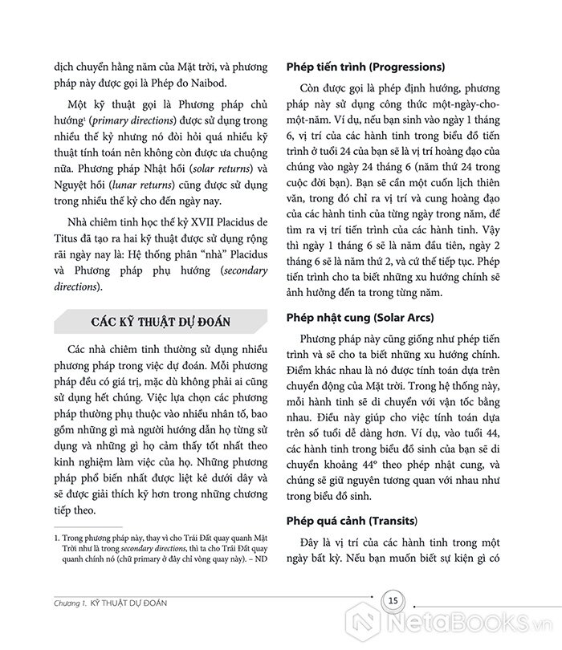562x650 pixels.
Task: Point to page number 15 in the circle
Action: pyautogui.click(x=393, y=600)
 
